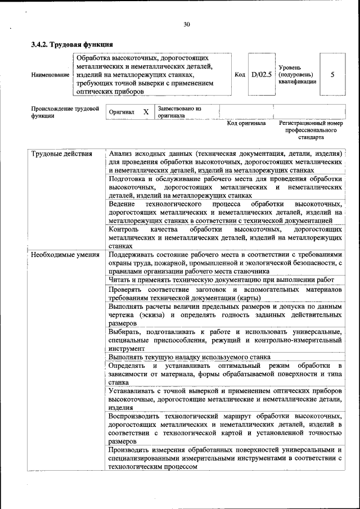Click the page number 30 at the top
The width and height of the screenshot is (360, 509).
[x=187, y=24]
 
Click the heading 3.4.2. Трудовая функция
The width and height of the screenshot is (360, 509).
[x=73, y=44]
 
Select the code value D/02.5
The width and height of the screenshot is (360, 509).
[x=262, y=74]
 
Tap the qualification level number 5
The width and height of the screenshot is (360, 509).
[x=332, y=74]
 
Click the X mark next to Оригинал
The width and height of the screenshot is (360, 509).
[x=146, y=112]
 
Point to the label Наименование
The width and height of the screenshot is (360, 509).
[x=51, y=74]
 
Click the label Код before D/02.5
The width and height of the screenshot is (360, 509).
[x=240, y=74]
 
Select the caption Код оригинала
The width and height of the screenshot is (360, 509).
[x=246, y=123]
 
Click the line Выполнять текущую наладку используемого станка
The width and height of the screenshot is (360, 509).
[x=190, y=357]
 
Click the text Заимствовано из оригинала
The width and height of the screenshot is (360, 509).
[x=179, y=111]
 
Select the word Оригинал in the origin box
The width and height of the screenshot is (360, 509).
[x=122, y=112]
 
